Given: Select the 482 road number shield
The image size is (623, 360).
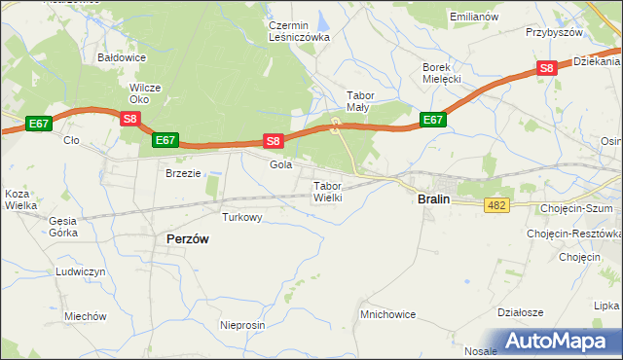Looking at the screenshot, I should tap(496, 204).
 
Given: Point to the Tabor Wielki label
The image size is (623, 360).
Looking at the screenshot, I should tap(327, 191).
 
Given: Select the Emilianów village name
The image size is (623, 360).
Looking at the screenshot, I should tap(474, 18).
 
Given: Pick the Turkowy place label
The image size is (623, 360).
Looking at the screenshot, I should tap(241, 217).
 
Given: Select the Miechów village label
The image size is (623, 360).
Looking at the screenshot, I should tap(85, 316).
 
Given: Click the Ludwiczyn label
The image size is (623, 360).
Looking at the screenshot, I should tap(80, 271).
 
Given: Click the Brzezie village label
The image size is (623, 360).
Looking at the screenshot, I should tap(182, 172).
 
